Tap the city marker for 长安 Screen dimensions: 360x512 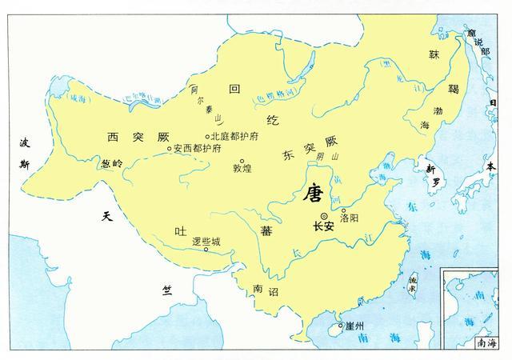point(323,216)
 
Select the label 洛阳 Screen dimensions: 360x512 point(350,217)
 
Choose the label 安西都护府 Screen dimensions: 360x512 point(194,149)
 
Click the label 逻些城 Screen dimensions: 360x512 point(206,240)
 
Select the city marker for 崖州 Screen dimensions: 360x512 point(340,326)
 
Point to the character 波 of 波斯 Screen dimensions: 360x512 point(24,142)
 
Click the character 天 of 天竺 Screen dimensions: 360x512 point(107,216)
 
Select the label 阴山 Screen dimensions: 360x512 point(322,157)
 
